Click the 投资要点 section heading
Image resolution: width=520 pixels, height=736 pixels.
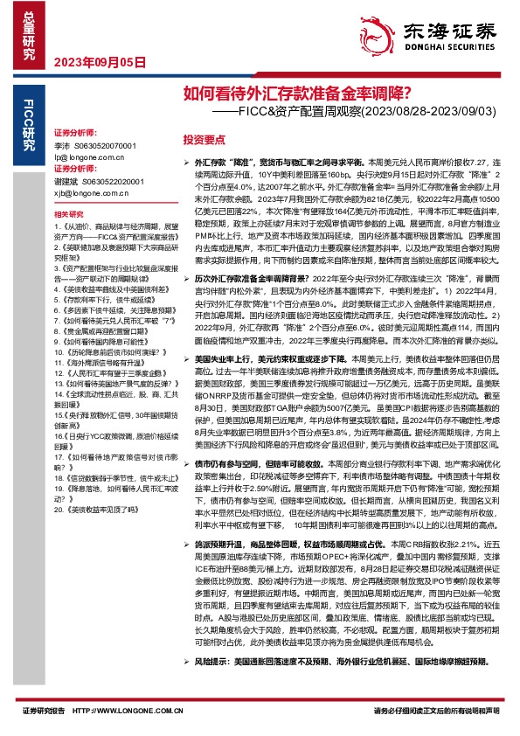click(x=203, y=138)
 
